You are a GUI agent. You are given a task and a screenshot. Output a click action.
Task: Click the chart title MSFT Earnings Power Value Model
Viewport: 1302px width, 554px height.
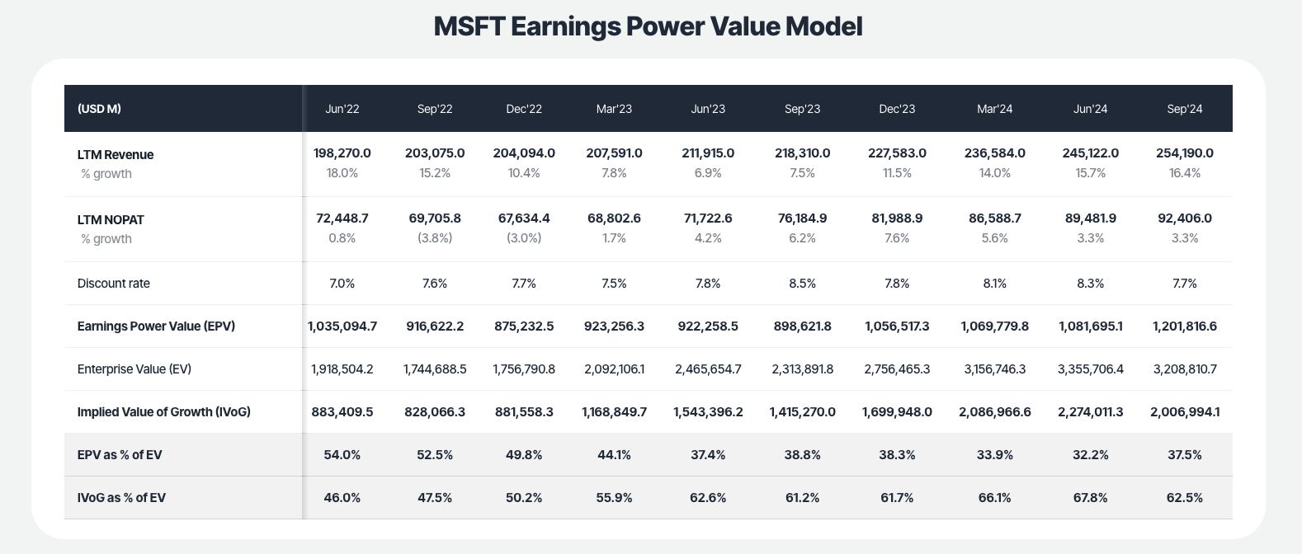[648, 26]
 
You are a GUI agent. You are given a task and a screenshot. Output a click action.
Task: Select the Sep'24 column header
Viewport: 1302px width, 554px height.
[1185, 109]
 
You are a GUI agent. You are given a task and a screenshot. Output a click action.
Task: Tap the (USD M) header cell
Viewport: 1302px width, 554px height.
[99, 109]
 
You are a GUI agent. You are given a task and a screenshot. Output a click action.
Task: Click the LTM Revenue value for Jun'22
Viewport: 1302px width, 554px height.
[342, 153]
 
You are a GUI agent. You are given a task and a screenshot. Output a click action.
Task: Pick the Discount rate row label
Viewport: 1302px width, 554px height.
[114, 284]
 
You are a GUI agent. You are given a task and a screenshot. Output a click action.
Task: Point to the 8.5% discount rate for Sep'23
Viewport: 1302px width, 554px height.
[802, 284]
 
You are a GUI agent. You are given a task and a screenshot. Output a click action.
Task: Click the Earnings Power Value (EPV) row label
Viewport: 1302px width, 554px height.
[156, 326]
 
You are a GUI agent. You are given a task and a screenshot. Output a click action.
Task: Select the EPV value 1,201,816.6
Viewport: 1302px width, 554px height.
[1185, 326]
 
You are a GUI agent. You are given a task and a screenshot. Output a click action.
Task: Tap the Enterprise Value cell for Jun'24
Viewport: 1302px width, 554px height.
[1091, 369]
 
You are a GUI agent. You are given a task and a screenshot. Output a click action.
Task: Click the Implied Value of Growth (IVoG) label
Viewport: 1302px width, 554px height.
[163, 412]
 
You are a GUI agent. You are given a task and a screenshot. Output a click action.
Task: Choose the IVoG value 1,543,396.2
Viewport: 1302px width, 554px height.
[708, 412]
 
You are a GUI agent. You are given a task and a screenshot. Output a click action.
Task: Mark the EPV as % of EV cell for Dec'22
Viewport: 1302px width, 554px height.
[524, 455]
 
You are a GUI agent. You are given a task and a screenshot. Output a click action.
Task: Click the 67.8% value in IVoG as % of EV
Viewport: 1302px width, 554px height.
[1091, 498]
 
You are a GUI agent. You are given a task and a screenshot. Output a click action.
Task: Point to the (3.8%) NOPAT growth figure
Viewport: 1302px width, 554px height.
[435, 238]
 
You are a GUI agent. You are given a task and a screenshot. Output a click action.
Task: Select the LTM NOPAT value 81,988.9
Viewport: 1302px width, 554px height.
[897, 218]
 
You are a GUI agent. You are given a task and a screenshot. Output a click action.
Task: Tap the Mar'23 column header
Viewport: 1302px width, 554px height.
[614, 109]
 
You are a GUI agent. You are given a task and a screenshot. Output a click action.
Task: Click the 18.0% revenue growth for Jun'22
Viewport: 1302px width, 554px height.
[342, 173]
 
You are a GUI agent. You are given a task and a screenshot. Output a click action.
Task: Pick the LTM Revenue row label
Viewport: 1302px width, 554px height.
[116, 155]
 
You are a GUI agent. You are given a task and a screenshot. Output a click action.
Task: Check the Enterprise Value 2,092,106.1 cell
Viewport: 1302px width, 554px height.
[614, 369]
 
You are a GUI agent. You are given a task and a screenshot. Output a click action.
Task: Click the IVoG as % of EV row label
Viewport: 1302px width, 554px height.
[121, 498]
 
